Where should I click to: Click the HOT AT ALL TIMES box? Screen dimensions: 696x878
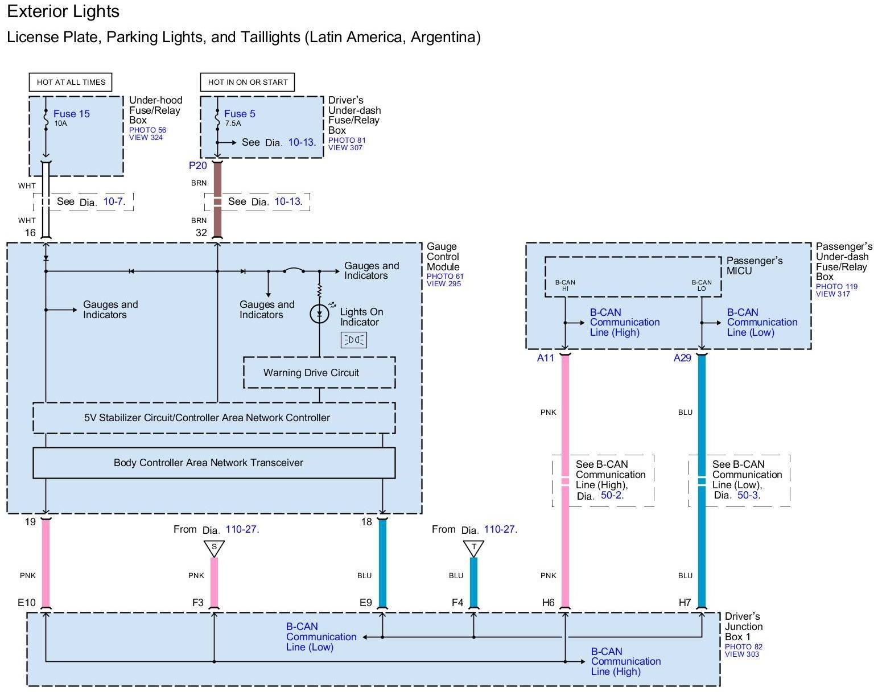pos(71,82)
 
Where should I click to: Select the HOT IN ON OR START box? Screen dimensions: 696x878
pos(248,82)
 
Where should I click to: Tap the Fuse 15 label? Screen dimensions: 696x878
pos(71,114)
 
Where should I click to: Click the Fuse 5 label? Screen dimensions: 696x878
pos(240,114)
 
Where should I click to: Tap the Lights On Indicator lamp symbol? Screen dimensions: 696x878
pos(319,314)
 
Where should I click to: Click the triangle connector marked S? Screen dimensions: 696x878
pos(214,548)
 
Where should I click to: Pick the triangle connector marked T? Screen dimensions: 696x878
pos(473,548)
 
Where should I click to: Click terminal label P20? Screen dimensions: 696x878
pos(198,166)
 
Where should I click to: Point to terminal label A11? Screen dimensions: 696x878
pos(545,358)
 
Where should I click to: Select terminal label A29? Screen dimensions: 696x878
pos(682,358)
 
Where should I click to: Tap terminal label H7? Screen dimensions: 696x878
pos(685,603)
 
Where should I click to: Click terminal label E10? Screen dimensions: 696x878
pos(27,603)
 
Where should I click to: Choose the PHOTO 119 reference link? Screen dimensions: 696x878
pos(836,287)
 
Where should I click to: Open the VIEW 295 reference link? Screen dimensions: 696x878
pos(444,284)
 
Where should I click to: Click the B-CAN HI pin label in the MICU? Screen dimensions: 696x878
pos(565,285)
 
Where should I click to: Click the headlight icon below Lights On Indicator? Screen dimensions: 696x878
pos(353,340)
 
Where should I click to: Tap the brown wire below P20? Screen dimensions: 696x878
pos(217,199)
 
